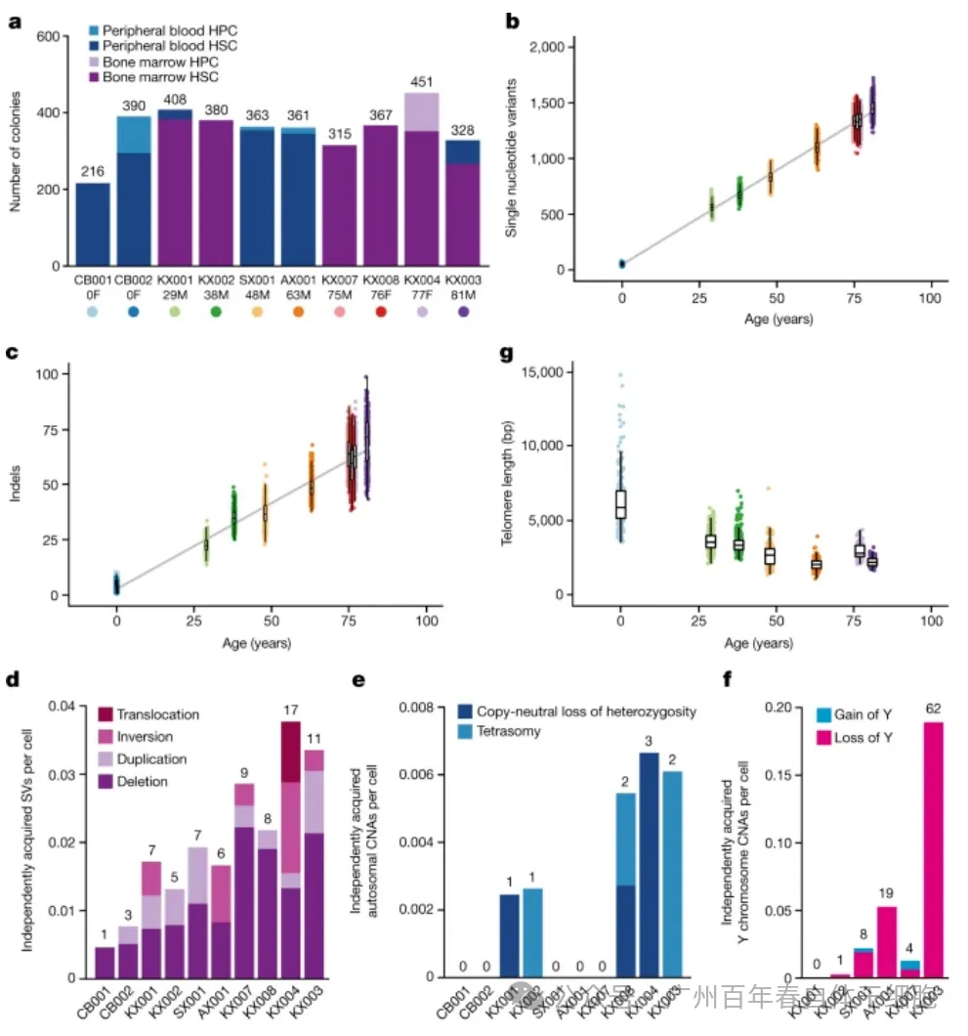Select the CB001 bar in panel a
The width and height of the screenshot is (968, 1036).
point(93,225)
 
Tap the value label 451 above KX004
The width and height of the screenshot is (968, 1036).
point(422,81)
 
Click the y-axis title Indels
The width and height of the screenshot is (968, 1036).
point(16,484)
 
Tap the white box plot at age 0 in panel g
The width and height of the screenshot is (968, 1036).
point(620,504)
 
